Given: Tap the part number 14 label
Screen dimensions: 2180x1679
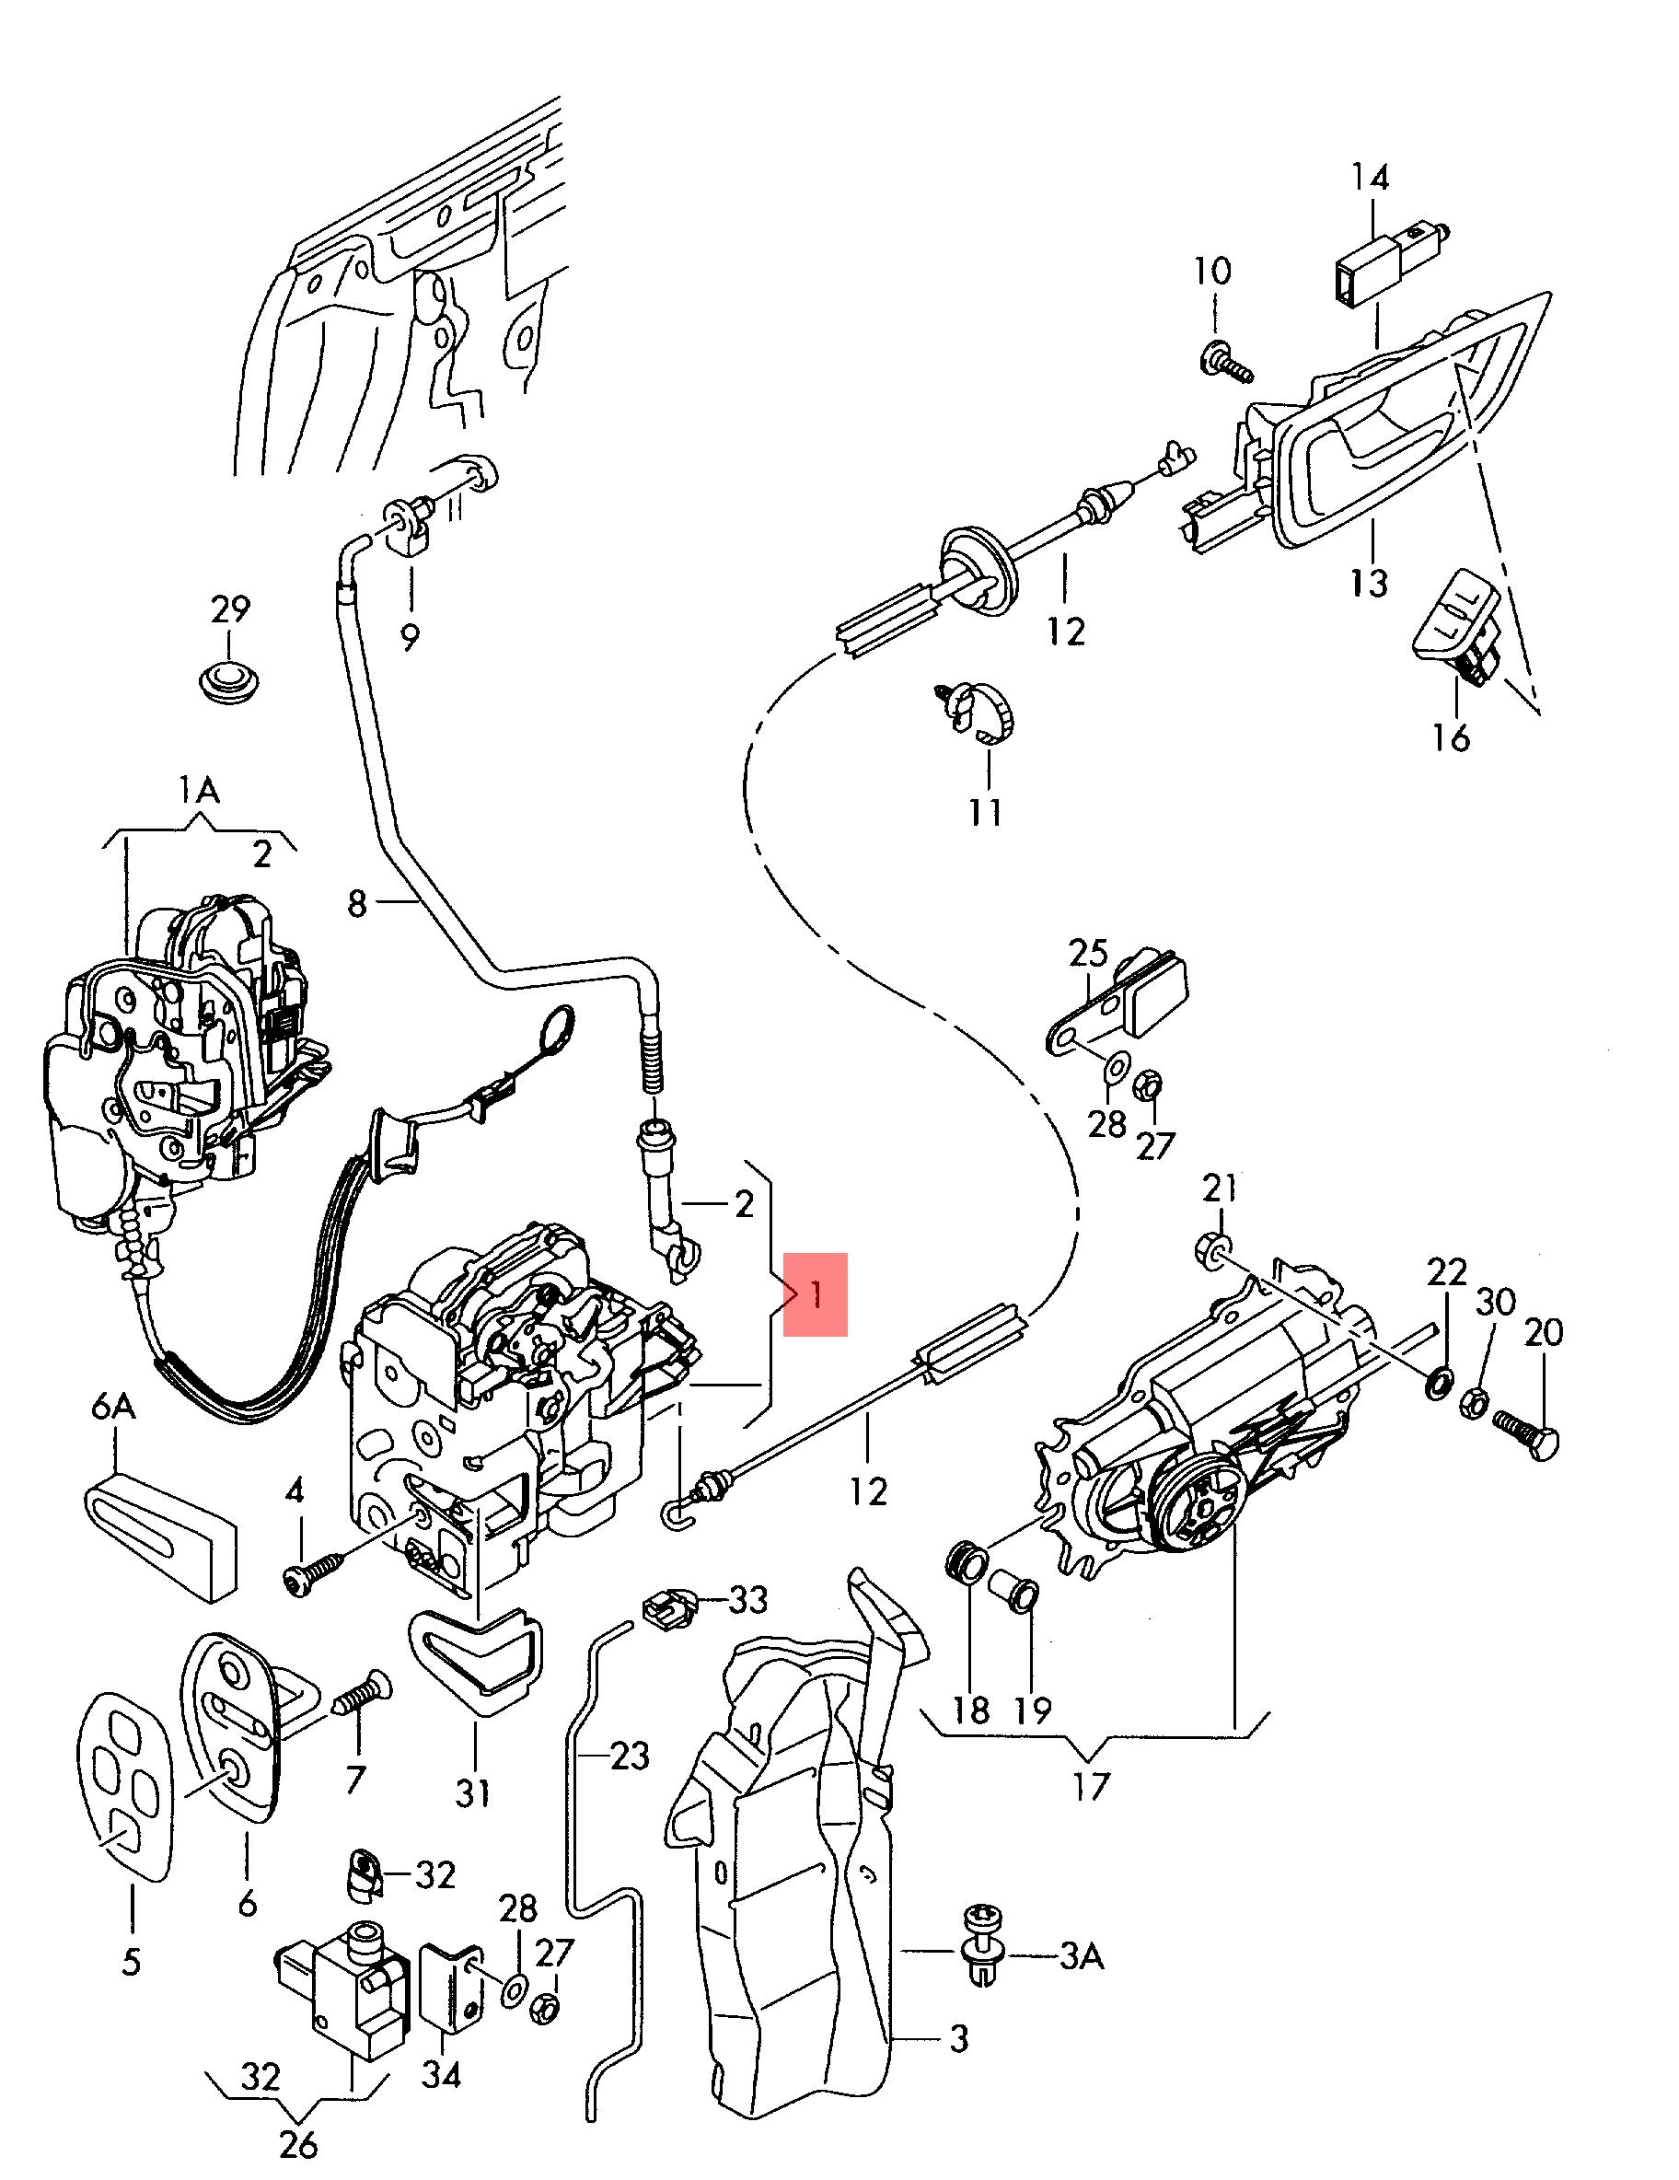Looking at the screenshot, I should pyautogui.click(x=1370, y=178).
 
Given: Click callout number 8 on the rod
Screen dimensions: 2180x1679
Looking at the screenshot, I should pyautogui.click(x=356, y=904).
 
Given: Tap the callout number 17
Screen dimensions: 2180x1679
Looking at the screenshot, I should pyautogui.click(x=1091, y=1785).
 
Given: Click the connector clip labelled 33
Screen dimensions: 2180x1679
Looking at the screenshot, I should pyautogui.click(x=665, y=1605).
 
